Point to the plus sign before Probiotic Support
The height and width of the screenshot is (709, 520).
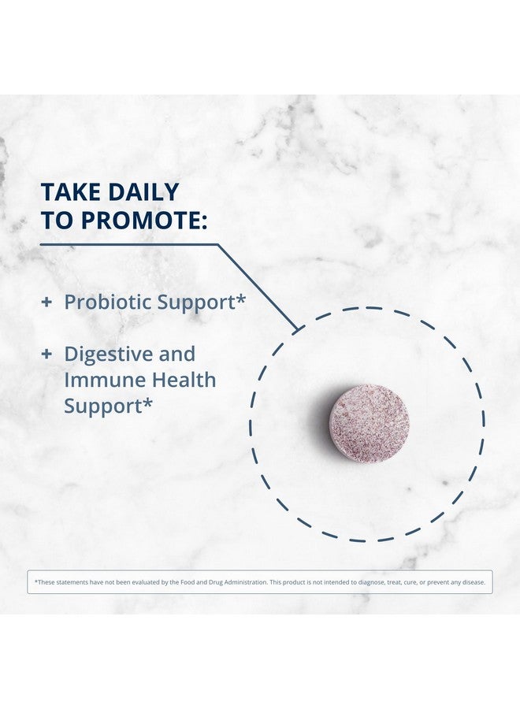tap(46, 302)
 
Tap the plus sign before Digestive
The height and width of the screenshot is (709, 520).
tap(46, 354)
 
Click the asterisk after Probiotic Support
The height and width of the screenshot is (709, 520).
tap(241, 299)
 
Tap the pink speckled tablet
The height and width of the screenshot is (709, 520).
tap(369, 422)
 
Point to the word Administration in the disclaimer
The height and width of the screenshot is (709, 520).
tap(244, 582)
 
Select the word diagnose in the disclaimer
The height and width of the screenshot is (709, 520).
tap(371, 583)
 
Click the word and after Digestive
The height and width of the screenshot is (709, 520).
tap(177, 354)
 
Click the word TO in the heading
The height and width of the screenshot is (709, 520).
tap(57, 221)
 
